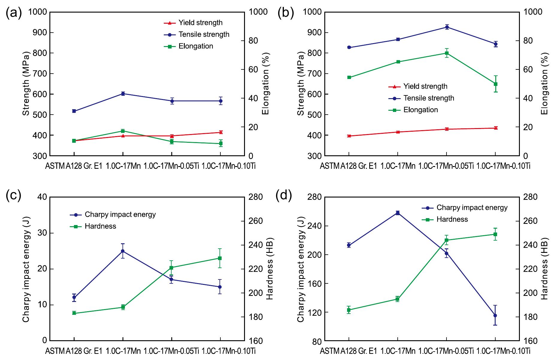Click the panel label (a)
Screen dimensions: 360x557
click(x=13, y=13)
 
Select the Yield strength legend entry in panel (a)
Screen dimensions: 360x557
click(x=200, y=23)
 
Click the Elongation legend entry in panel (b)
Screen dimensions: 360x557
click(x=420, y=110)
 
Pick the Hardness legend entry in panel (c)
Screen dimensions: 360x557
click(x=100, y=226)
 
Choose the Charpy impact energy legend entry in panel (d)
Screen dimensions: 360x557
click(x=472, y=208)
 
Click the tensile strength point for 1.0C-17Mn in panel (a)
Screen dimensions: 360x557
click(x=123, y=94)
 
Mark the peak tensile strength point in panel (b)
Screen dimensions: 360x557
click(x=446, y=27)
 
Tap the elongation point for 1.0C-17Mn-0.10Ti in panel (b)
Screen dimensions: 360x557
click(x=495, y=84)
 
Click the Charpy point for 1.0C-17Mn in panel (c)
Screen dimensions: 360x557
click(x=123, y=251)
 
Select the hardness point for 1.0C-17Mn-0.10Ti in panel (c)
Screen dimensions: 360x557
click(x=220, y=258)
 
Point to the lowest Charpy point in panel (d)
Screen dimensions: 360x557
click(x=495, y=315)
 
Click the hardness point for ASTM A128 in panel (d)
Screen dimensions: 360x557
click(x=349, y=310)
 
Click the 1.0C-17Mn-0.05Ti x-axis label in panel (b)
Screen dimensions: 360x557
click(x=446, y=166)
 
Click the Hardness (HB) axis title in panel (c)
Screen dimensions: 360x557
click(x=270, y=268)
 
